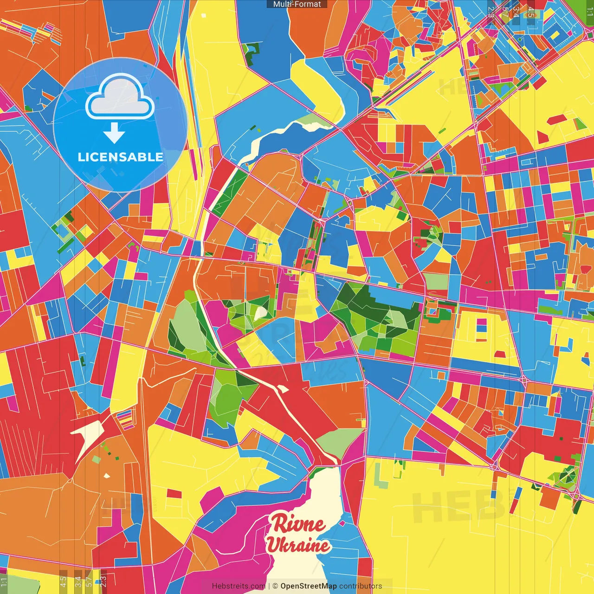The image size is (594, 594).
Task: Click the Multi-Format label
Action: coord(297,4)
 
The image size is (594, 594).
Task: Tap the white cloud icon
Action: coord(120,98)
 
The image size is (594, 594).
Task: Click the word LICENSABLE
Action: coord(120,157)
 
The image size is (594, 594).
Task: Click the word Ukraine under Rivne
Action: coord(298,545)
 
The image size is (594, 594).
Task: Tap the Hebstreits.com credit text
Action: coord(239,586)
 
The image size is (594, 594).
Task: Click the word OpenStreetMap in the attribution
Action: coord(309,586)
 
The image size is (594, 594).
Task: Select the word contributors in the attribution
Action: coord(361,586)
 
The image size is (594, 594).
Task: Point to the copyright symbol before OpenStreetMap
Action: coord(275,586)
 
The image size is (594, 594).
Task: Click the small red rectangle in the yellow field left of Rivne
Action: coord(174,493)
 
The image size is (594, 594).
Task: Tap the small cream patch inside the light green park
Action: coord(260,314)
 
